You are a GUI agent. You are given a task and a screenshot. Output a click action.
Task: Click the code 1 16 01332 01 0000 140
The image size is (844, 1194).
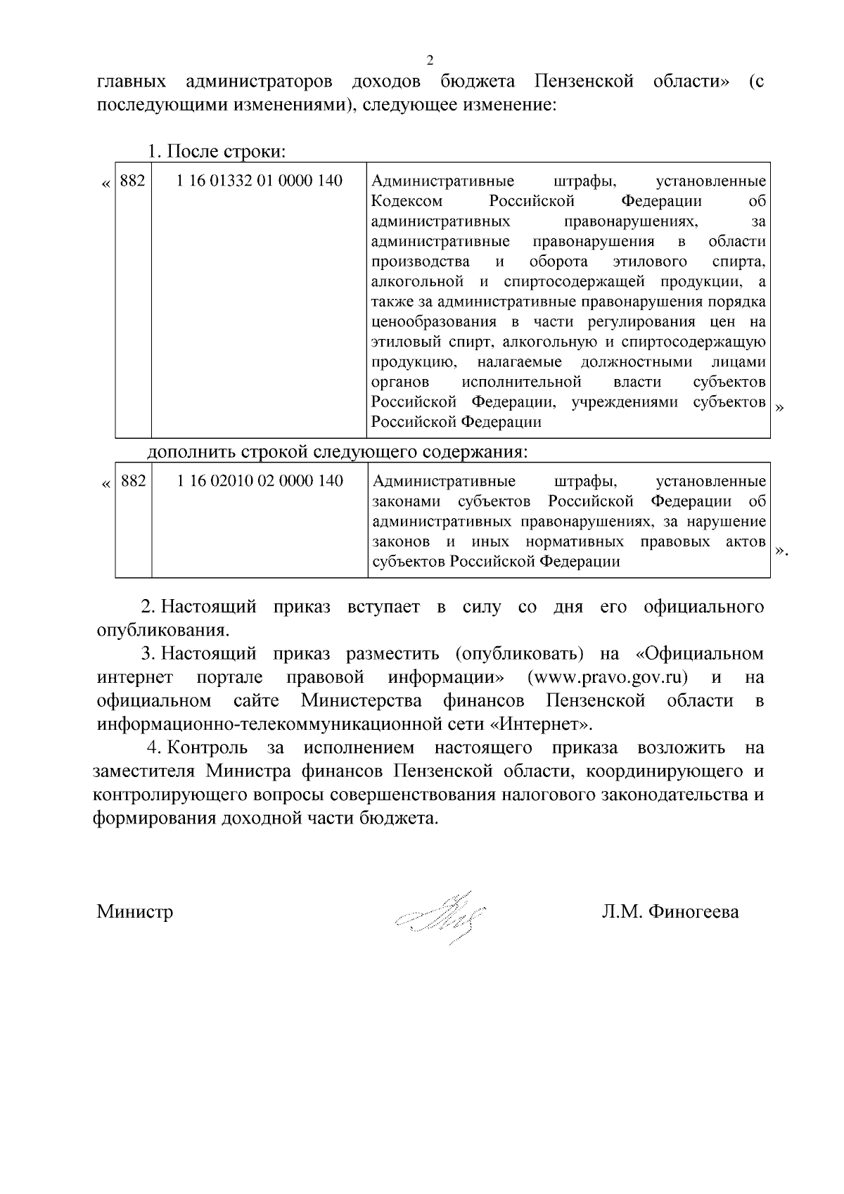(260, 181)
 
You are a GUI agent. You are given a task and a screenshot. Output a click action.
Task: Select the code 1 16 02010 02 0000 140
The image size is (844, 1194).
(260, 481)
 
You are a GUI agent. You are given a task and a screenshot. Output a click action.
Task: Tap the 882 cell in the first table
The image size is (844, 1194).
(133, 181)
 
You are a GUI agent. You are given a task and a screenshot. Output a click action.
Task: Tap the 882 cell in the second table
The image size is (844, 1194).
(134, 481)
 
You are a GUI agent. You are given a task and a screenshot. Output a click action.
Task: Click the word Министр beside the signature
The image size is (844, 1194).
(135, 912)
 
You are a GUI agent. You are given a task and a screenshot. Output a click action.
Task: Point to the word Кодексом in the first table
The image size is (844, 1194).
(407, 201)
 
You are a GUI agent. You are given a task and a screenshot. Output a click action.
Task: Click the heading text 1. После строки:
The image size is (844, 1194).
(216, 151)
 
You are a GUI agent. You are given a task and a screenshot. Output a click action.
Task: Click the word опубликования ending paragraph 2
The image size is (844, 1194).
(163, 630)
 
